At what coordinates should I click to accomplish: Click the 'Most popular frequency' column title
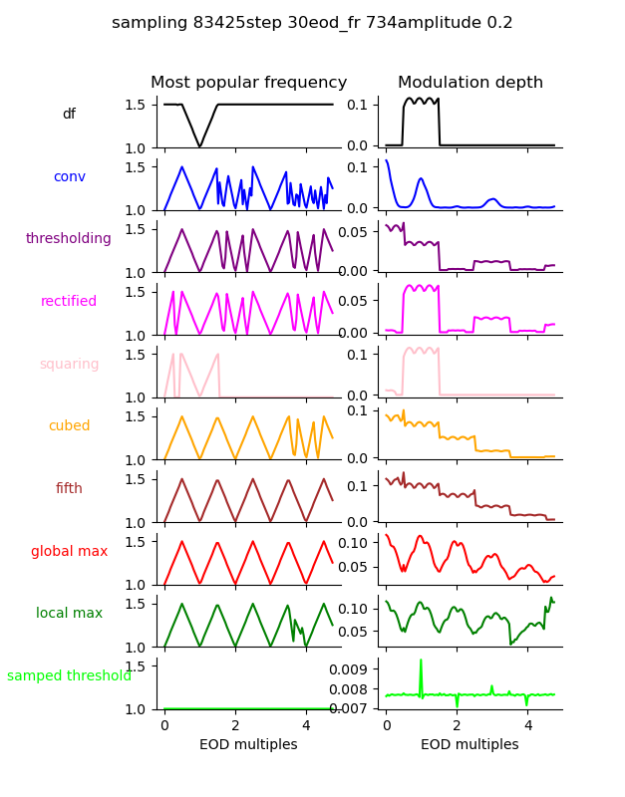(248, 83)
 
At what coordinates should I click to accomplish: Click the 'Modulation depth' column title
(470, 83)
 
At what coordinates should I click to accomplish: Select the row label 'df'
(69, 115)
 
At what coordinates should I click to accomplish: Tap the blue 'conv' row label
(69, 177)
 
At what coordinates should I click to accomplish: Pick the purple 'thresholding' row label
(69, 239)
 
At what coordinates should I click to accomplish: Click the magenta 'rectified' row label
(69, 302)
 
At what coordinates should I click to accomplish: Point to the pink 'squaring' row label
(69, 365)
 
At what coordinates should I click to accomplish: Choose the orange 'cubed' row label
(69, 426)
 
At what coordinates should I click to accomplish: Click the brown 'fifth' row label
(69, 489)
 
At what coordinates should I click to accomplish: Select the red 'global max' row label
(69, 552)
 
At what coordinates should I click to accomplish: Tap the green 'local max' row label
(69, 614)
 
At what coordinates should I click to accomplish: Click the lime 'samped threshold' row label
(69, 676)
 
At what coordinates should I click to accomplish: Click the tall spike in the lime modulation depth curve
(421, 662)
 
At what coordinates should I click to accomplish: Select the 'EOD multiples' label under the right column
(470, 745)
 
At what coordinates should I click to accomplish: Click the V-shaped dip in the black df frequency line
(200, 145)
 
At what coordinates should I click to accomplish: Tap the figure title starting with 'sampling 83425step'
(312, 23)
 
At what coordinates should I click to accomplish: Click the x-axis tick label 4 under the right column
(527, 726)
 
